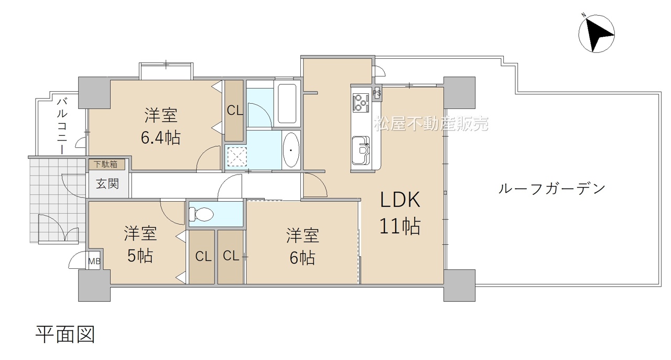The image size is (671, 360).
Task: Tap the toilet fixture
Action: pyautogui.click(x=202, y=214)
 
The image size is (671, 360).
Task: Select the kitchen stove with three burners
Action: pyautogui.click(x=361, y=103)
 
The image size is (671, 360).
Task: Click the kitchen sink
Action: pyautogui.click(x=361, y=150)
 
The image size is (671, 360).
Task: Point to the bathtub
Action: pyautogui.click(x=287, y=103)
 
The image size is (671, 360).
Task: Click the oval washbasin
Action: pyautogui.click(x=291, y=150)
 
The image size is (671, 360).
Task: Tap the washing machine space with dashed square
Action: pyautogui.click(x=237, y=156)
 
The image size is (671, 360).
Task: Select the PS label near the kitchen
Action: pyautogui.click(x=377, y=93)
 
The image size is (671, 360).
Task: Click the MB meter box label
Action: pyautogui.click(x=94, y=261)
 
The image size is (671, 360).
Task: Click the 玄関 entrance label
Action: pyautogui.click(x=107, y=183)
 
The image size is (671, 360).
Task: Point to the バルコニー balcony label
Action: pyautogui.click(x=62, y=126)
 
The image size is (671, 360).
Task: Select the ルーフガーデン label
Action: pyautogui.click(x=552, y=189)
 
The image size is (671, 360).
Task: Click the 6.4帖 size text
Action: pyautogui.click(x=160, y=138)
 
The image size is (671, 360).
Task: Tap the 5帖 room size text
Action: pyautogui.click(x=140, y=256)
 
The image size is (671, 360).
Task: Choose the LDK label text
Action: pyautogui.click(x=400, y=200)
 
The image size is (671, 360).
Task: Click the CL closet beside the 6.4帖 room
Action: pyautogui.click(x=234, y=111)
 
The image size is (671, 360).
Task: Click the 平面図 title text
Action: pyautogui.click(x=66, y=334)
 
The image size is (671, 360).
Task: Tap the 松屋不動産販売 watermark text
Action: pyautogui.click(x=431, y=123)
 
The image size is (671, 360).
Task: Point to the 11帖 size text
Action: pyautogui.click(x=400, y=226)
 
